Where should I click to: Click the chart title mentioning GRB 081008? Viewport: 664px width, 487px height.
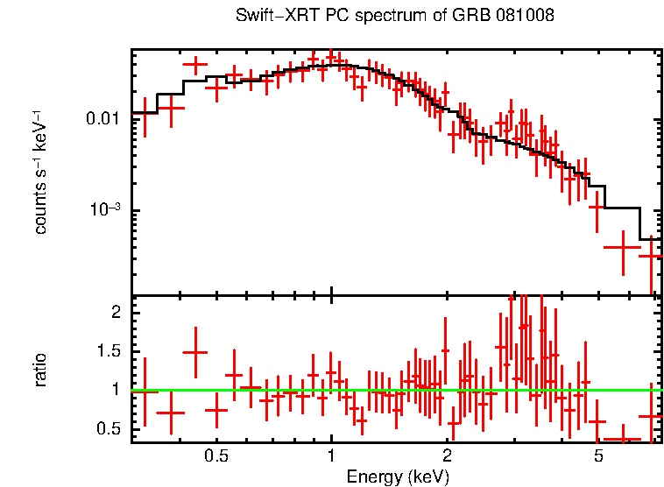395,17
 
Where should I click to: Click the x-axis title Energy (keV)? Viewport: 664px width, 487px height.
398,476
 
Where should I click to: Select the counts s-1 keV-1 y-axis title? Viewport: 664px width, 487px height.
40,172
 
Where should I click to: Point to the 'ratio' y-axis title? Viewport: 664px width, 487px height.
40,370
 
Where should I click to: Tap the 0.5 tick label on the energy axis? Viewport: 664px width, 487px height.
216,456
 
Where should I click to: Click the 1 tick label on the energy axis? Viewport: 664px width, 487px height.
331,456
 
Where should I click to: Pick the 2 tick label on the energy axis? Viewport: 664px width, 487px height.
446,456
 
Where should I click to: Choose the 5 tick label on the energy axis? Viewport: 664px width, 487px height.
598,456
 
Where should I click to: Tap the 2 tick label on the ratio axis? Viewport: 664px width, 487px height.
115,313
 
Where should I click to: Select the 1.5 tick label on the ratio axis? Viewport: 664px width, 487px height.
109,351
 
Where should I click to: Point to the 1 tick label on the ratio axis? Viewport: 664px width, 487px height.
115,390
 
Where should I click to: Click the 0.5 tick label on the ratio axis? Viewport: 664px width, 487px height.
109,428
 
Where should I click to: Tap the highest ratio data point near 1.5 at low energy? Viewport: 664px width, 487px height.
194,351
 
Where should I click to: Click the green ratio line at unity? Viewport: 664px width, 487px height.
394,390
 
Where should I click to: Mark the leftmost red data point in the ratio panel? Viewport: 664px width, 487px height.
145,392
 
